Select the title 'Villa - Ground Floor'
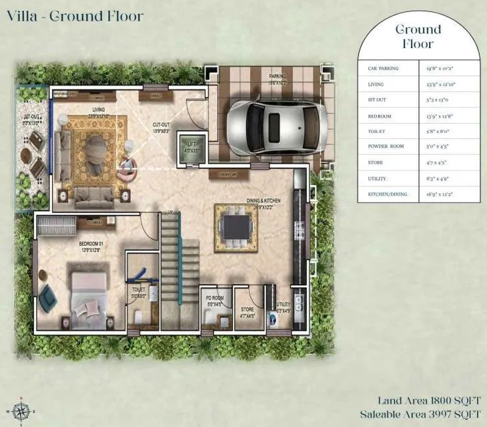click(x=75, y=15)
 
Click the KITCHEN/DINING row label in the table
click(x=386, y=194)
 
